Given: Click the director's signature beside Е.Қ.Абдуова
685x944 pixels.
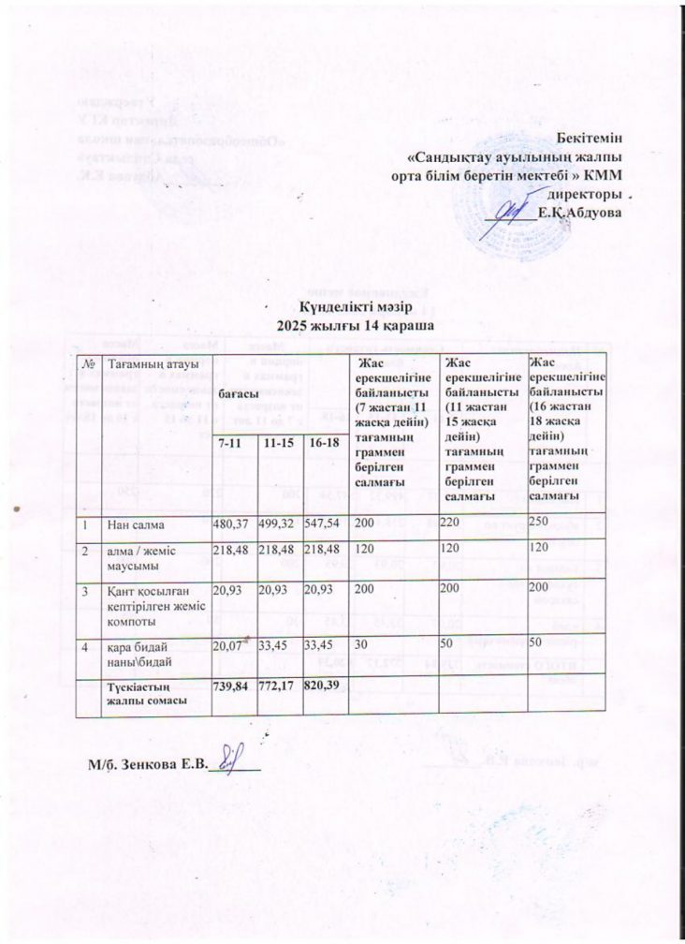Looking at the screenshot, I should [x=509, y=215].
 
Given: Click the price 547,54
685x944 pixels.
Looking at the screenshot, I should [x=326, y=520].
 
